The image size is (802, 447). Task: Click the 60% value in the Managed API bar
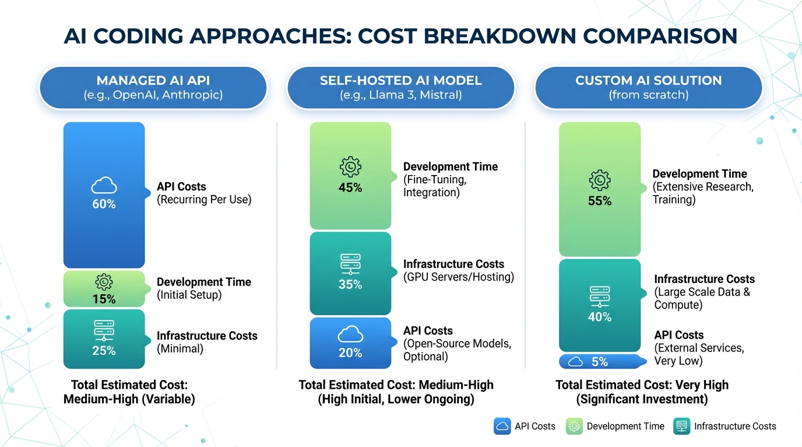(x=104, y=204)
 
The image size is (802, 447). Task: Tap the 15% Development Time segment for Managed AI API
(x=104, y=289)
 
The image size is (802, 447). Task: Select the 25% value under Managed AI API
(x=104, y=350)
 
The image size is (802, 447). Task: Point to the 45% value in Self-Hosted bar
(x=350, y=187)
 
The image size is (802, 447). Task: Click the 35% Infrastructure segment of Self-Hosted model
(x=350, y=274)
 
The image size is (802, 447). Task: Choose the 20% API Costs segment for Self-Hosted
(x=350, y=343)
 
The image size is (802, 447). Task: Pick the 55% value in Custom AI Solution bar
(x=600, y=201)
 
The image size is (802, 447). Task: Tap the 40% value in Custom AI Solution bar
(x=600, y=317)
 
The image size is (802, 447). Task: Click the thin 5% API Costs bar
(x=600, y=361)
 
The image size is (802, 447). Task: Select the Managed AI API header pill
(x=153, y=87)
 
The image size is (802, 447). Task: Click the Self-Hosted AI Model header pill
(x=400, y=87)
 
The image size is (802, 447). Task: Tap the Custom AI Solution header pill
(x=648, y=87)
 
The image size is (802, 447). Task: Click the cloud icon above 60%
(x=104, y=186)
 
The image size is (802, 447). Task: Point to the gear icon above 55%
(x=600, y=181)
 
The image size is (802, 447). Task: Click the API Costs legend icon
(x=502, y=426)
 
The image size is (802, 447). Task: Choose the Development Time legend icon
(x=574, y=426)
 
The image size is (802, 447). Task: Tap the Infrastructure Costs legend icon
(x=681, y=426)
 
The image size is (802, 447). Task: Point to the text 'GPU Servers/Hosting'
(x=459, y=277)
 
